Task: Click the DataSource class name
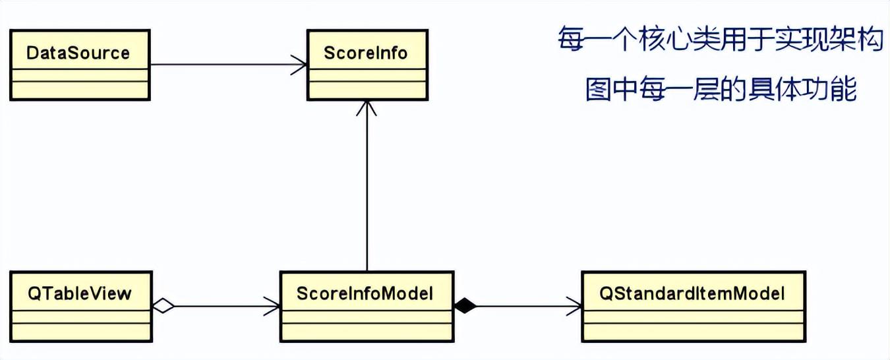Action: pyautogui.click(x=78, y=53)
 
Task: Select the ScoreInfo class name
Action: pyautogui.click(x=366, y=53)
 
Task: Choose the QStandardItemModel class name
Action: pyautogui.click(x=692, y=293)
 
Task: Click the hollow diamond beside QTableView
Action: pyautogui.click(x=163, y=306)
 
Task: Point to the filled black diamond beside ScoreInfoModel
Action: pyautogui.click(x=465, y=305)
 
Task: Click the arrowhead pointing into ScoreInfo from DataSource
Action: pyautogui.click(x=300, y=65)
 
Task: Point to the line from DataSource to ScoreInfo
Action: pyautogui.click(x=224, y=65)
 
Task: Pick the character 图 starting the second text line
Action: pyautogui.click(x=597, y=89)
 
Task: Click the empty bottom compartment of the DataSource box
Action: pyautogui.click(x=80, y=90)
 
